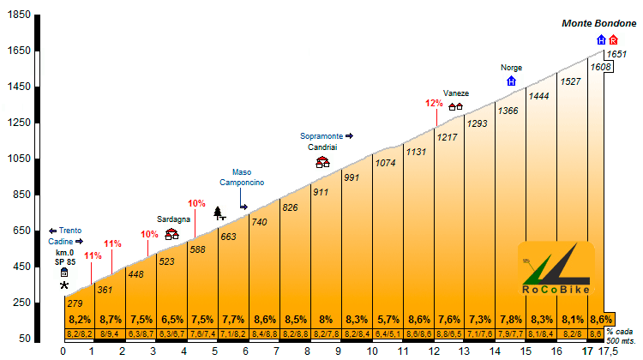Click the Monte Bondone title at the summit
pos(598,24)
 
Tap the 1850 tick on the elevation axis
pos(16,15)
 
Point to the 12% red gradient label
pos(433,104)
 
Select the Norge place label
pos(511,68)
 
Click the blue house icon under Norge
pos(512,81)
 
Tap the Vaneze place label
pos(455,93)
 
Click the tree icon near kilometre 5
pos(218,213)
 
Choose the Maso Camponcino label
pos(247,177)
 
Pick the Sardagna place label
pos(172,219)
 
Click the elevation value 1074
pos(386,162)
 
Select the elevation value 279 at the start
pos(75,303)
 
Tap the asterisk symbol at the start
pos(63,285)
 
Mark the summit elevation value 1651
pos(616,54)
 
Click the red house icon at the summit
pos(613,40)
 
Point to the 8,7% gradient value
pos(110,320)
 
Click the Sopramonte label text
pos(321,135)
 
